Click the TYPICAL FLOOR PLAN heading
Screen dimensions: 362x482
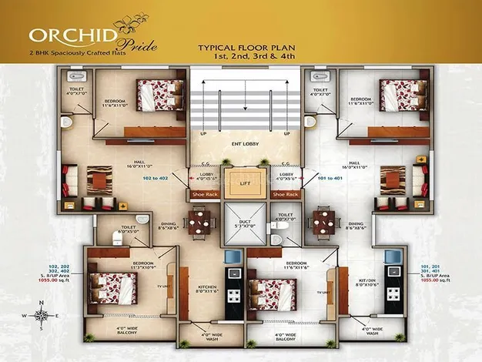[243, 47]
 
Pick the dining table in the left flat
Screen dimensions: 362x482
[201, 223]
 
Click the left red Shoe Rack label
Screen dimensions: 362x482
[202, 195]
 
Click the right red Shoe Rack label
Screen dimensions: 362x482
[285, 195]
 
